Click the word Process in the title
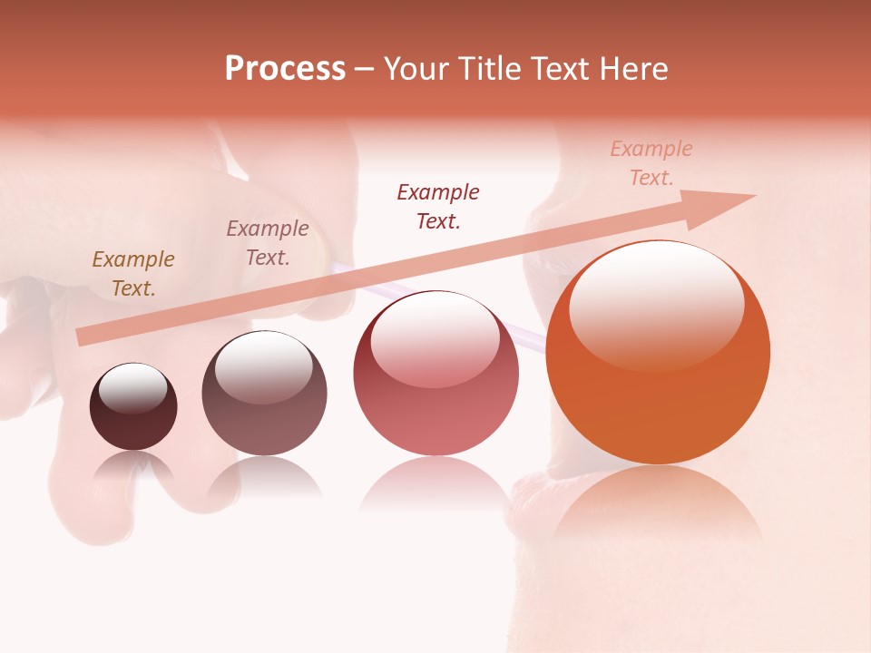(285, 69)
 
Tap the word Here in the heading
(631, 69)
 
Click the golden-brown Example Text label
(133, 274)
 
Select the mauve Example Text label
(268, 243)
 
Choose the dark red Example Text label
(438, 207)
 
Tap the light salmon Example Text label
(651, 163)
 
